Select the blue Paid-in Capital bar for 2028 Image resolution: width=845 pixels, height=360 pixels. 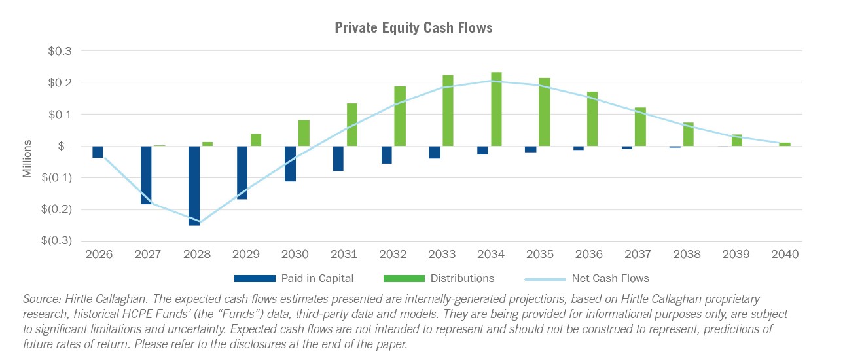[194, 185]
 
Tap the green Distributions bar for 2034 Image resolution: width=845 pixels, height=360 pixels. [496, 109]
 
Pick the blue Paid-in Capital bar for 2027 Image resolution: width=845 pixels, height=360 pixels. [146, 175]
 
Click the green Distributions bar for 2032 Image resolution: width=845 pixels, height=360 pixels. [400, 116]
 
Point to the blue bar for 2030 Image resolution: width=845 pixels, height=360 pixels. [291, 164]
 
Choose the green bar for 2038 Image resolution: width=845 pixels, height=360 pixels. [689, 134]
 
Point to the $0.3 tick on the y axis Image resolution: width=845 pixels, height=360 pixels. [60, 51]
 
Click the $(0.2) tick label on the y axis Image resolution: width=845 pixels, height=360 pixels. [57, 209]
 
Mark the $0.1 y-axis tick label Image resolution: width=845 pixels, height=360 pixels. [60, 115]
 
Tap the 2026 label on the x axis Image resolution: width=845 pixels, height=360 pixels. [98, 254]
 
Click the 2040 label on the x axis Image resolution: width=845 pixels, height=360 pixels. [785, 254]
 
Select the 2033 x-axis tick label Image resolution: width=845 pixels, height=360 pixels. [442, 254]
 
